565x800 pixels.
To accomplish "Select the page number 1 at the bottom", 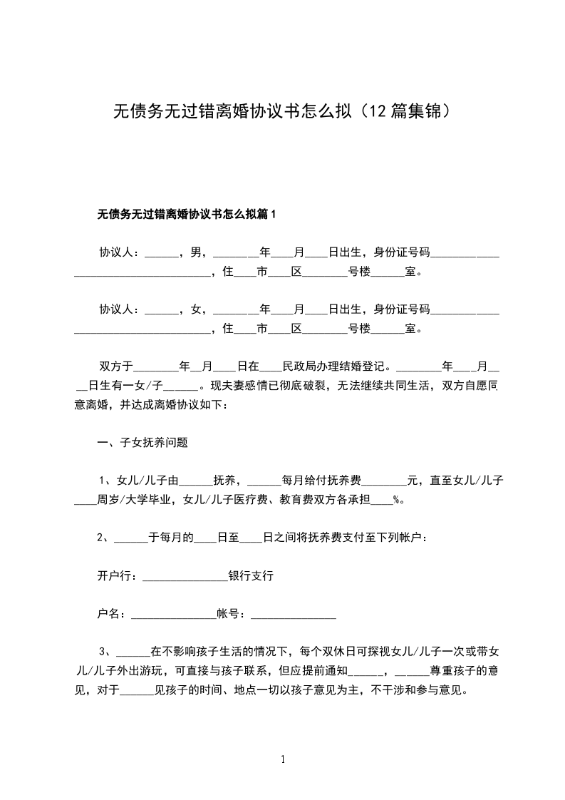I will (283, 759).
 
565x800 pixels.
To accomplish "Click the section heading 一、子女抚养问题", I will (142, 441).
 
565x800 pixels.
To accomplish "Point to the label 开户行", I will (115, 575).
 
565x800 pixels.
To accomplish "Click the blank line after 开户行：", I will (185, 577).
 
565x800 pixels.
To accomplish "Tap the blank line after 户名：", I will (172, 615).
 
